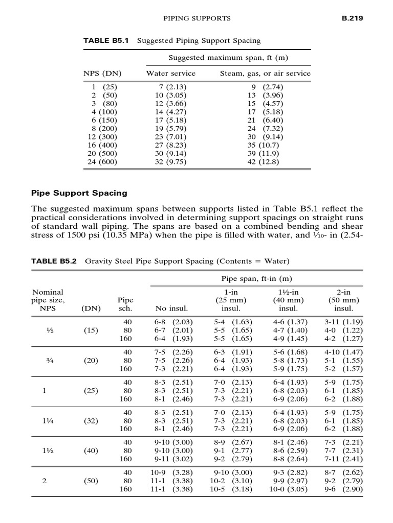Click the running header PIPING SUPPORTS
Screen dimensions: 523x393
click(196, 18)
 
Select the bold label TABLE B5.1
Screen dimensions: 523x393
click(105, 40)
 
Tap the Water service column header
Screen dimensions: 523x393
click(171, 73)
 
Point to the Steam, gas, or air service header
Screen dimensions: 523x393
click(265, 73)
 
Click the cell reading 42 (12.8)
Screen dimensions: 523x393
click(265, 162)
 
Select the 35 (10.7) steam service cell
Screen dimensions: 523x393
click(265, 145)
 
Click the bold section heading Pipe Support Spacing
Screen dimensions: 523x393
click(79, 194)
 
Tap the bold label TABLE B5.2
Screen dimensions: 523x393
click(54, 261)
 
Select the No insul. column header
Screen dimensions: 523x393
click(171, 308)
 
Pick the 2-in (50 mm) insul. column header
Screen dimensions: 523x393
click(343, 299)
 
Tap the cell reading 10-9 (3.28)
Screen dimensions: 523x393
click(171, 472)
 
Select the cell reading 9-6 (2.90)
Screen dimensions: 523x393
click(343, 489)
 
